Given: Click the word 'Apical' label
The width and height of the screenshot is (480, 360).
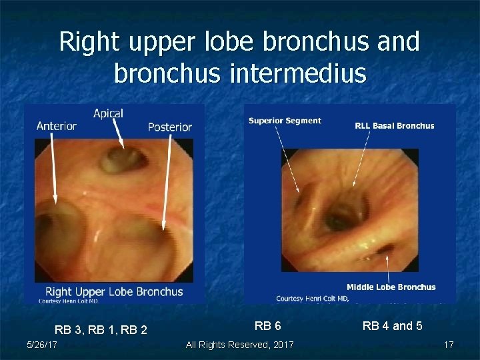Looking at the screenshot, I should coord(108,113).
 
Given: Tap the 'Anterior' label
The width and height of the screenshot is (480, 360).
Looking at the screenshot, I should coord(56,126).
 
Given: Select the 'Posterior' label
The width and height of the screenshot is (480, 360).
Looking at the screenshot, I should coord(169,127).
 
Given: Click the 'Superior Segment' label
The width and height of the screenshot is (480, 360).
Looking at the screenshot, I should coord(285,121).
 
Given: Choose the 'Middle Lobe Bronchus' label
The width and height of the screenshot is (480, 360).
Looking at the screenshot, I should coord(391,287).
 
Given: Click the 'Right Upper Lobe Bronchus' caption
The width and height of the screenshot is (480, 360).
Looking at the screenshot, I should coord(113,291).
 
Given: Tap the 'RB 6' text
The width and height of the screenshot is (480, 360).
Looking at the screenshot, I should coord(268,326).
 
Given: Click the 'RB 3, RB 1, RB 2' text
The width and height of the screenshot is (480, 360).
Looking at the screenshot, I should coord(101,329).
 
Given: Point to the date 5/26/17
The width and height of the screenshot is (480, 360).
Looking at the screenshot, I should coord(41,344).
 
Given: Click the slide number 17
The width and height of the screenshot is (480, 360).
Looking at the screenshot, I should coord(449,345).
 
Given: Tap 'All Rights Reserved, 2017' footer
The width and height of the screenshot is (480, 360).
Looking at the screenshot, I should coord(239,344).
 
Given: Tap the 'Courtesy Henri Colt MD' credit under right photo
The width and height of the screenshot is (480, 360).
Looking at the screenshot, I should coord(313,298).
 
